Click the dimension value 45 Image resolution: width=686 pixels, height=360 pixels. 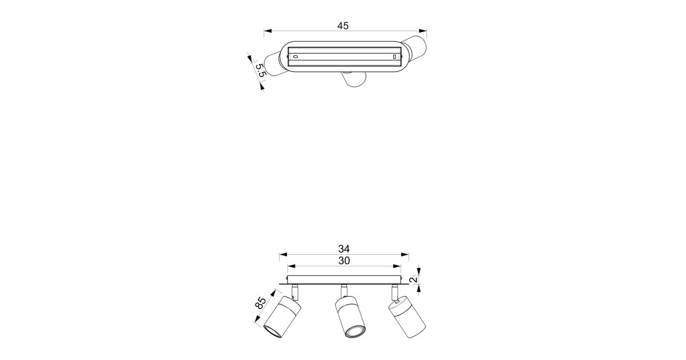pos(343,26)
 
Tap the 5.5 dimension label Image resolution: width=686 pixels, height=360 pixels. pos(260,70)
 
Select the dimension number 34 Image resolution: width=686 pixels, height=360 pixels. pos(344,249)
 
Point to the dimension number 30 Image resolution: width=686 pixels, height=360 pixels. pos(344,261)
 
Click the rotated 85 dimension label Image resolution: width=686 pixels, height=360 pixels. pos(261,303)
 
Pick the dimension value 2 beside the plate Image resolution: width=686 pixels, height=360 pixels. pos(413,279)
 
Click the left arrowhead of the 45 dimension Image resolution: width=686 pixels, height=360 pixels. pos(268,31)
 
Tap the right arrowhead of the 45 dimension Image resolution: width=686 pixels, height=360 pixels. pos(423,31)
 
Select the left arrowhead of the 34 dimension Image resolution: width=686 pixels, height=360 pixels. pos(283,254)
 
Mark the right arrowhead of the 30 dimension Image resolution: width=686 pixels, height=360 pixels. pos(397,266)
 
